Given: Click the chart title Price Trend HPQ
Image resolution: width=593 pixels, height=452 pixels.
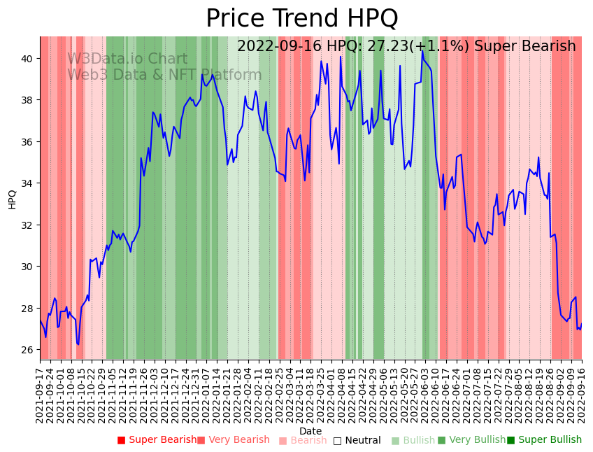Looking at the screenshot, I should tap(301, 18).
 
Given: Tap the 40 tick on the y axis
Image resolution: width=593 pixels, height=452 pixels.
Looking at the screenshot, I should tap(27, 59).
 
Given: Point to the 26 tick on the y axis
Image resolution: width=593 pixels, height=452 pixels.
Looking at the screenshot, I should tap(27, 350).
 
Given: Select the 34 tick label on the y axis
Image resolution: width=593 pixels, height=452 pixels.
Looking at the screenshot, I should tap(27, 183).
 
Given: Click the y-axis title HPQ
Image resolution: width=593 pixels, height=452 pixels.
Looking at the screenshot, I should tap(13, 199).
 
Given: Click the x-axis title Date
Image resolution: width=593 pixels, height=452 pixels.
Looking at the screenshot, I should tap(310, 431).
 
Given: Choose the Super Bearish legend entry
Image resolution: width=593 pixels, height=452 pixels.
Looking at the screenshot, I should tap(158, 440).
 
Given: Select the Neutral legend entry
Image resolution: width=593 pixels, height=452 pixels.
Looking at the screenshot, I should tap(357, 440).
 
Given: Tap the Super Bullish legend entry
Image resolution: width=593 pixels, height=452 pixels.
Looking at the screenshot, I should tap(545, 440).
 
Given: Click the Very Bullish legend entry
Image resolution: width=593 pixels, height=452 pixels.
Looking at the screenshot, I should tap(472, 440).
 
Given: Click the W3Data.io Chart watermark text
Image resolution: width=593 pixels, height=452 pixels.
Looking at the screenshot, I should tap(127, 59).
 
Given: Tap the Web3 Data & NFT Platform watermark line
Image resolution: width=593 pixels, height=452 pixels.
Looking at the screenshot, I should tap(164, 76).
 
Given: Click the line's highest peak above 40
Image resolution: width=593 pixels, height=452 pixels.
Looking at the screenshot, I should tap(422, 50).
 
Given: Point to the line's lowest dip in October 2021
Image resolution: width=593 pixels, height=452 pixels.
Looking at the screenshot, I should tap(78, 344).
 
